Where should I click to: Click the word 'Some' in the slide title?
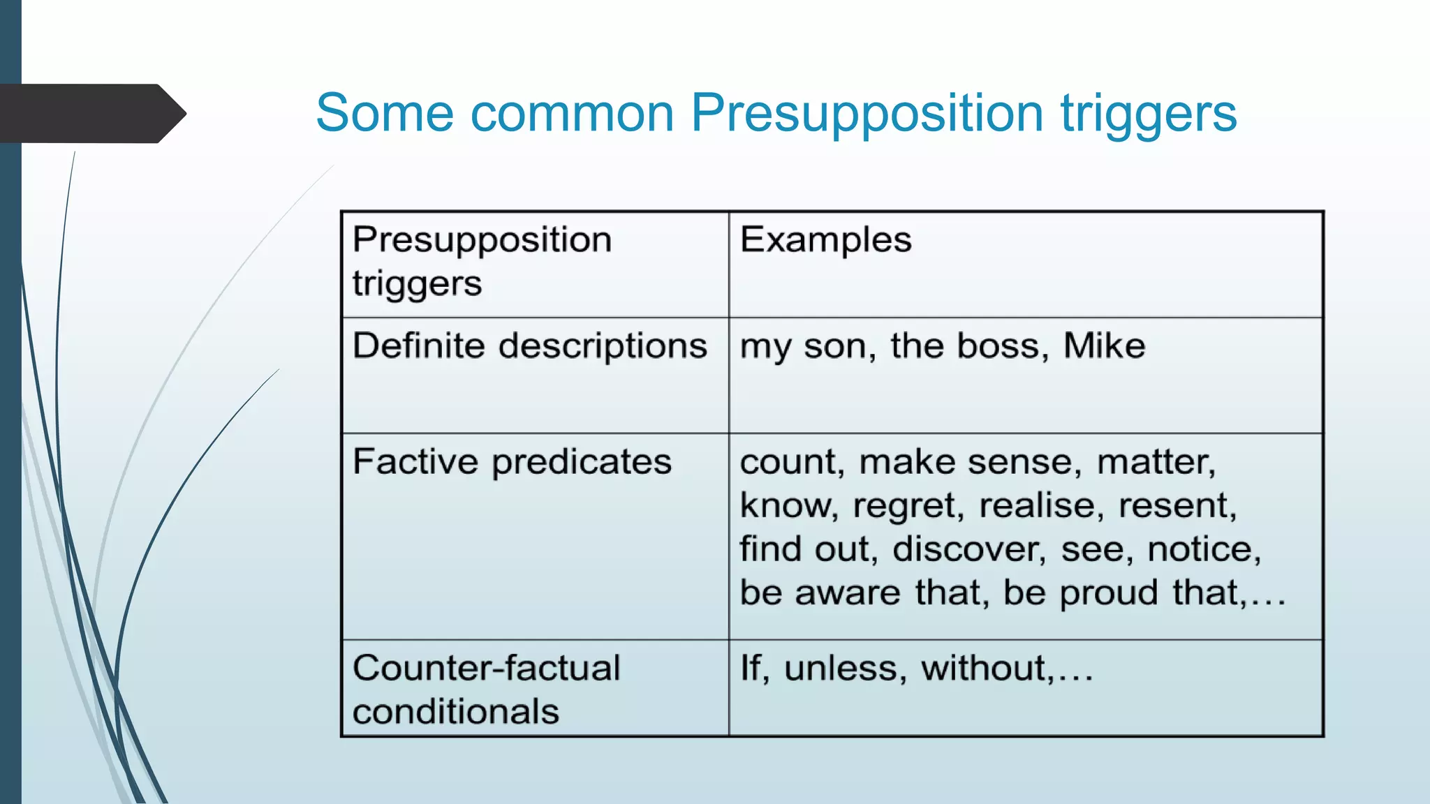[385, 113]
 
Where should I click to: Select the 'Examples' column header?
[825, 240]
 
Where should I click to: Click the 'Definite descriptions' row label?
[529, 345]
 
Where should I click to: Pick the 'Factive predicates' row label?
[512, 461]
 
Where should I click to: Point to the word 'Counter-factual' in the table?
[486, 668]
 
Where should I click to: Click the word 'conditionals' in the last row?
[456, 712]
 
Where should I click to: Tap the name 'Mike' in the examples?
[1104, 345]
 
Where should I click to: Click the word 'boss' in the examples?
[1001, 345]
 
